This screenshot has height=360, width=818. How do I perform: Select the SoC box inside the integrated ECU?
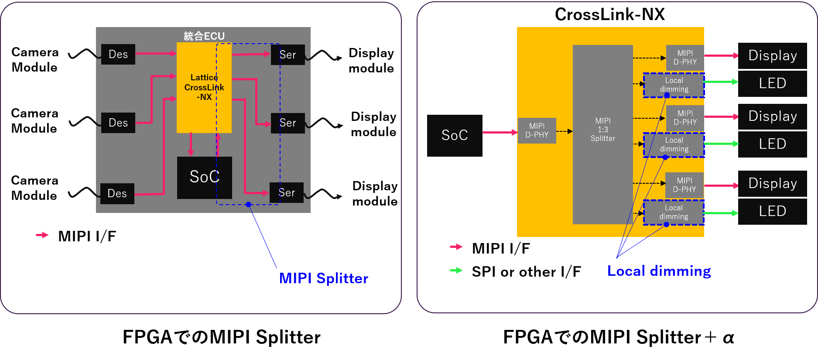204,177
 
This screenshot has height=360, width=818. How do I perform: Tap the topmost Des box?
118,54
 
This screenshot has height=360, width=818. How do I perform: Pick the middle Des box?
118,123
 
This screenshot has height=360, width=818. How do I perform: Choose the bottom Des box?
117,193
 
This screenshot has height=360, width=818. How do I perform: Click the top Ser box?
288,55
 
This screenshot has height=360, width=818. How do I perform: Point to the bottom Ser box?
287,192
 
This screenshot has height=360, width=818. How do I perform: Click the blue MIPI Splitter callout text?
323,278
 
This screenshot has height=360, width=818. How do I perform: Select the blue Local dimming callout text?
659,271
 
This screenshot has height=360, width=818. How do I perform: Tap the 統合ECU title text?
204,36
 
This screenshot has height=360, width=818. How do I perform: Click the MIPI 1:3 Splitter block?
602,134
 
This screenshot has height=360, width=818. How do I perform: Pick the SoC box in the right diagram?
455,135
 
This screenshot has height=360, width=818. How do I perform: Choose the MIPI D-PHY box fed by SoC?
537,130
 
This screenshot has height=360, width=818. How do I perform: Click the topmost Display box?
772,55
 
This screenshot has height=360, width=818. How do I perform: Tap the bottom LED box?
772,211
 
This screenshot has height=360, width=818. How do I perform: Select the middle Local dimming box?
674,144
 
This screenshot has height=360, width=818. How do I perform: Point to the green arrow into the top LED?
721,82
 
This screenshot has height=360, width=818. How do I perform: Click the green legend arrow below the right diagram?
456,271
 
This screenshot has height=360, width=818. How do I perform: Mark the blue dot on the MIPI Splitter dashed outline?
248,204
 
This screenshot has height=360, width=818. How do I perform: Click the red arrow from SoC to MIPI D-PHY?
500,132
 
